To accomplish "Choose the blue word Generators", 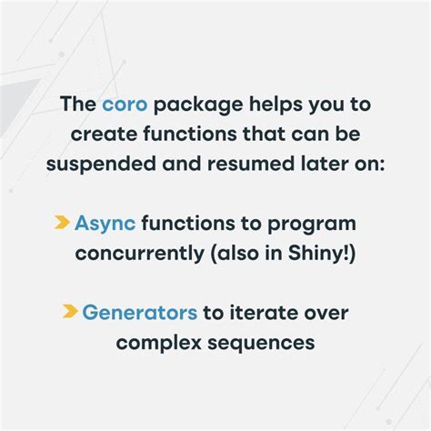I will [x=140, y=313].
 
